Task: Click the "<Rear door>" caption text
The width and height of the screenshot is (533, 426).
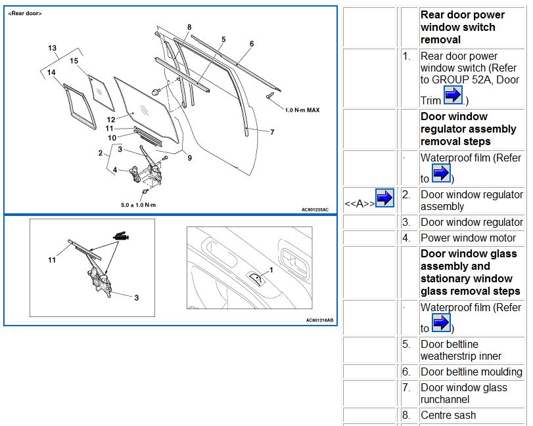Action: click(26, 13)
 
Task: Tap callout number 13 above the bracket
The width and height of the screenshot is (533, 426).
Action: click(53, 48)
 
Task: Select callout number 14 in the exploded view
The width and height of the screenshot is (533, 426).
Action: click(51, 72)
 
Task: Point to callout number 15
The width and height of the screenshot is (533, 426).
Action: click(74, 61)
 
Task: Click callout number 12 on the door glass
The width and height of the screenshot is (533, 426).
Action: click(111, 119)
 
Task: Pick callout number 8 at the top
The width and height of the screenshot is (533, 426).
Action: click(189, 27)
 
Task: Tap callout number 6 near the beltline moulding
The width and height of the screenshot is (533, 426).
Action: click(252, 44)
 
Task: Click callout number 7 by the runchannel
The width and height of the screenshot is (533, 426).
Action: click(271, 131)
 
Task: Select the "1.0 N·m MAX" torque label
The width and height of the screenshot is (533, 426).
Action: click(302, 110)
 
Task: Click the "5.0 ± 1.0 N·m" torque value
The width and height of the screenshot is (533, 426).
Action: click(139, 205)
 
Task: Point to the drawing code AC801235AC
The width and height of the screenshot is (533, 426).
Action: click(315, 209)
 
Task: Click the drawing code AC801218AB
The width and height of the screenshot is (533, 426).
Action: click(319, 320)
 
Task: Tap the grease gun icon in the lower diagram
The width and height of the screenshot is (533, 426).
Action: click(120, 236)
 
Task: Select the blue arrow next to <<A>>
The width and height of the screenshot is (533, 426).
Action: click(384, 197)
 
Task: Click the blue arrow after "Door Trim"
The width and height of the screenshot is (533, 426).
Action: click(453, 96)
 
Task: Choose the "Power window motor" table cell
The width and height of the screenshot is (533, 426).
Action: click(468, 238)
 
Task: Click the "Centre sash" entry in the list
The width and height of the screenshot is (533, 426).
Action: click(448, 415)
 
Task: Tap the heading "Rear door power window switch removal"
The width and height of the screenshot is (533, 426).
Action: click(463, 27)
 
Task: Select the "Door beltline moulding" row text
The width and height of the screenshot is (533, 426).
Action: click(471, 372)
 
